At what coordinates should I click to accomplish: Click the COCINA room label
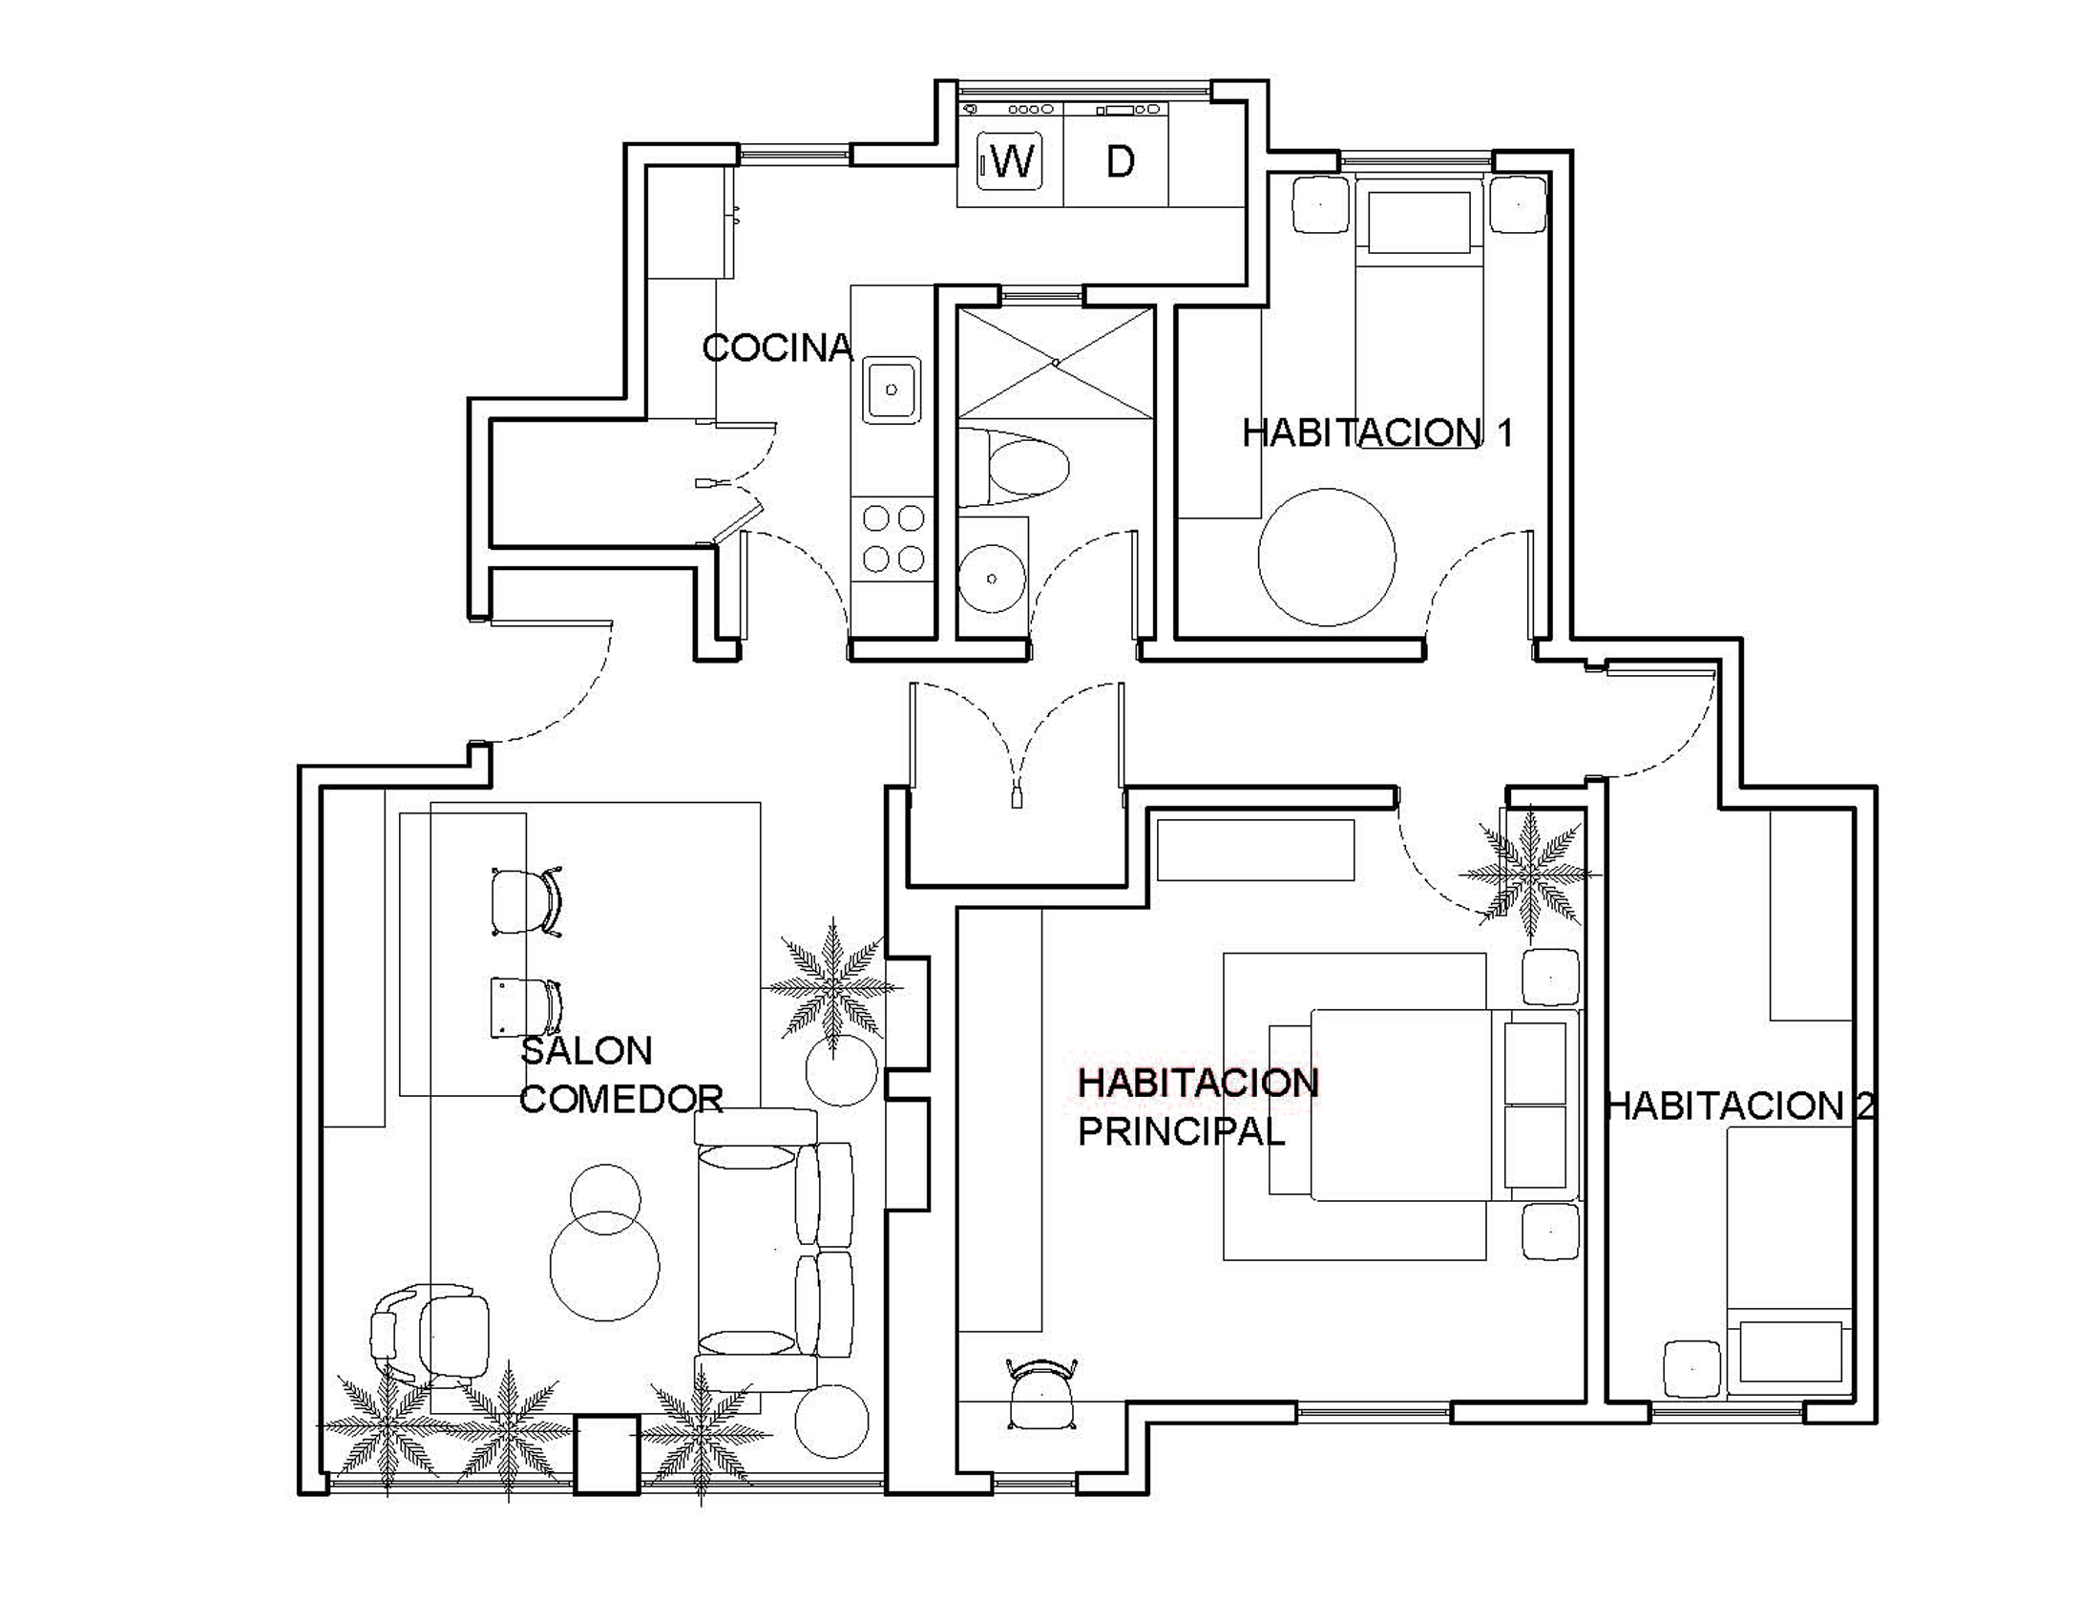tap(778, 348)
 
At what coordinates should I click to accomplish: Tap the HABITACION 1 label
tap(1377, 432)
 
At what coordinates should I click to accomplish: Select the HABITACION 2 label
tap(1740, 1106)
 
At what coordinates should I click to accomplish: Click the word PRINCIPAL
tap(1182, 1132)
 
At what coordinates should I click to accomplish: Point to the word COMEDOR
tap(621, 1099)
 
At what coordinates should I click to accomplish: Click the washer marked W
tap(1010, 160)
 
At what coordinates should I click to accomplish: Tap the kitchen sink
tap(892, 390)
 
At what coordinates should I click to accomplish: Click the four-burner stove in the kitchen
tap(893, 538)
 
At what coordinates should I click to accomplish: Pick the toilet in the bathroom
tap(1015, 468)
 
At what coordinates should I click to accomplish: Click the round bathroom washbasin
tap(993, 578)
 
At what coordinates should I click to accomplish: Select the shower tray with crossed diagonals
tap(1056, 364)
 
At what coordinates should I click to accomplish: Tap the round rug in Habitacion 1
tap(1327, 557)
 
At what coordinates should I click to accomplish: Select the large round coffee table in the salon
tap(605, 1265)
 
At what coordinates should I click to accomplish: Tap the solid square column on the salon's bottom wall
tap(606, 1454)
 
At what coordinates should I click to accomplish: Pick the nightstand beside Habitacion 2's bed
tap(1692, 1369)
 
